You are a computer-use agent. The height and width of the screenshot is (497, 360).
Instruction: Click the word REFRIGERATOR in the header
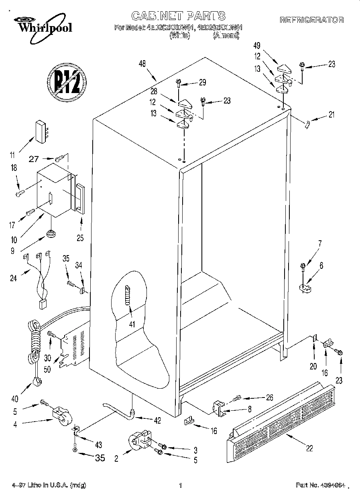tap(311, 20)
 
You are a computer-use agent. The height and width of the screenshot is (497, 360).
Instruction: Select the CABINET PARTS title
tap(179, 16)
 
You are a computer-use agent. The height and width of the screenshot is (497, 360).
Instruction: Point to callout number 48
tap(142, 63)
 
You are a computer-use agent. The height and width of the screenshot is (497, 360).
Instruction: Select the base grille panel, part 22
tap(281, 417)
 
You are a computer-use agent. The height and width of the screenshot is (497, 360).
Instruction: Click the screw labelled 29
tap(178, 83)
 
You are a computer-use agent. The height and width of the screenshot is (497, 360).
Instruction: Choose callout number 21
tap(331, 115)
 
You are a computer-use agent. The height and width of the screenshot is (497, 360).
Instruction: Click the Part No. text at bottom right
tap(320, 485)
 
